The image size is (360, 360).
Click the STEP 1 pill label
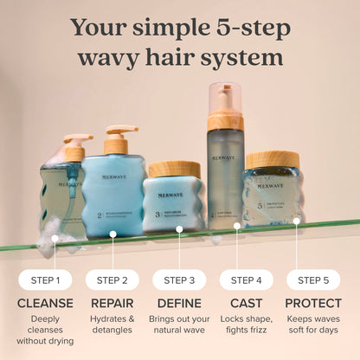click(x=44, y=280)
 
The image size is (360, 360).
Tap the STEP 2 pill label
click(x=112, y=280)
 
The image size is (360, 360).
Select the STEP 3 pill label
click(x=179, y=280)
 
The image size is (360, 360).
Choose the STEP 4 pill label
click(x=246, y=280)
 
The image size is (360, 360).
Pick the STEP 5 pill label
click(x=313, y=280)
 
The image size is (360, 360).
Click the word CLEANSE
click(x=44, y=303)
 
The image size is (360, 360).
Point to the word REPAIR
click(x=112, y=303)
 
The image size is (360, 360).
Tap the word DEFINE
click(x=179, y=303)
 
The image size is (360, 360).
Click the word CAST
click(x=246, y=303)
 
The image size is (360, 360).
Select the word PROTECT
click(x=313, y=303)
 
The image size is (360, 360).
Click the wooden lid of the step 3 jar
click(x=174, y=169)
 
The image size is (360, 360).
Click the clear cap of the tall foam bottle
click(x=225, y=99)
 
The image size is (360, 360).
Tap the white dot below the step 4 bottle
click(x=237, y=226)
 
